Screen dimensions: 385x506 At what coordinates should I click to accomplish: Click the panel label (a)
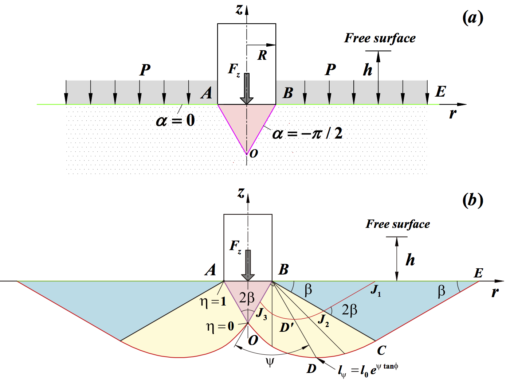pyautogui.click(x=472, y=17)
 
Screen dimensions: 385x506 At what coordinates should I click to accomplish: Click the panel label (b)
pyautogui.click(x=472, y=200)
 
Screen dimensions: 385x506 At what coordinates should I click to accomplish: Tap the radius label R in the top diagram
pyautogui.click(x=262, y=55)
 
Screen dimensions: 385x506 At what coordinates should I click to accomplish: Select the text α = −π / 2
pyautogui.click(x=307, y=134)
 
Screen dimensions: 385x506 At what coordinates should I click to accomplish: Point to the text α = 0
pyautogui.click(x=175, y=120)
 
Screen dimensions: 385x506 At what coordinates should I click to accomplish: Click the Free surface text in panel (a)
pyautogui.click(x=380, y=38)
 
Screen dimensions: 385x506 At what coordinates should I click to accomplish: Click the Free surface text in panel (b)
pyautogui.click(x=398, y=224)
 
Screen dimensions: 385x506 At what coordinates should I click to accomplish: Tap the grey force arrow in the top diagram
pyautogui.click(x=247, y=89)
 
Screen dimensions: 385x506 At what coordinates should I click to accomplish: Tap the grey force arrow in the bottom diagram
pyautogui.click(x=248, y=265)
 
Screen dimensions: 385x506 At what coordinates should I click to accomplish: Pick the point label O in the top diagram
pyautogui.click(x=254, y=153)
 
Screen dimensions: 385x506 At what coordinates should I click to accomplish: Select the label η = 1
pyautogui.click(x=213, y=301)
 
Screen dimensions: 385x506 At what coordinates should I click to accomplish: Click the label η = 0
pyautogui.click(x=220, y=326)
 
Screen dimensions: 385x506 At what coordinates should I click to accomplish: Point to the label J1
pyautogui.click(x=376, y=291)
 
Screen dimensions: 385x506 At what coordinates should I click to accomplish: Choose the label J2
pyautogui.click(x=323, y=320)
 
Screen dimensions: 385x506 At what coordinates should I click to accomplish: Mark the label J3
pyautogui.click(x=261, y=314)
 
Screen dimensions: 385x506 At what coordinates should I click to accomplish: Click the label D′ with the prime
pyautogui.click(x=287, y=327)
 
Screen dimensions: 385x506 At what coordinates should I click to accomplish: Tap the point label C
pyautogui.click(x=381, y=350)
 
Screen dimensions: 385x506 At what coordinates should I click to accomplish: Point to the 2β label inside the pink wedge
pyautogui.click(x=247, y=298)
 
